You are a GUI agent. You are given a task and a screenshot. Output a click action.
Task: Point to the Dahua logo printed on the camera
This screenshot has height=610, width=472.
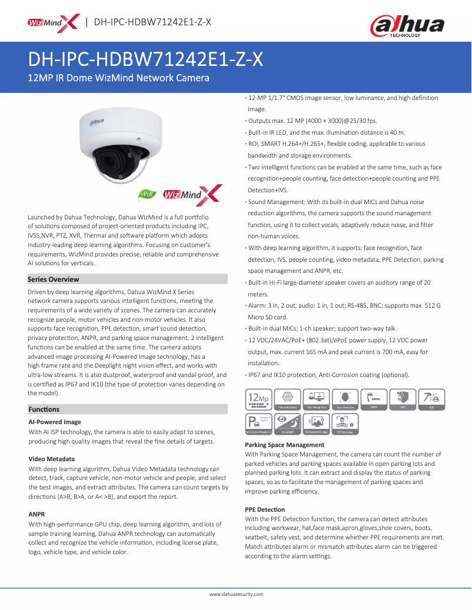coord(97,121)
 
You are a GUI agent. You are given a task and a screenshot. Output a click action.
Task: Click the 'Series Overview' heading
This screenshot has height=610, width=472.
coord(54,279)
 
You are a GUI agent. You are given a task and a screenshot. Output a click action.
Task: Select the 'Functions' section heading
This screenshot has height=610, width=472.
coord(44,409)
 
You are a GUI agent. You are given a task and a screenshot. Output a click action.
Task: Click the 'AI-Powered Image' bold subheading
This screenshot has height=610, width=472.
coord(55,422)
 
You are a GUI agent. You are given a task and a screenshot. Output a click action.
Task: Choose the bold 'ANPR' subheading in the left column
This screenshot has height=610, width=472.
coord(37,514)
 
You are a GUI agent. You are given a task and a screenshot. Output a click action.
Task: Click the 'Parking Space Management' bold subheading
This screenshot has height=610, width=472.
coord(284,445)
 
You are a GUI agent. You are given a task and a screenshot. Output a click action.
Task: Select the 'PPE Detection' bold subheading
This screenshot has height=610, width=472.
coord(265,509)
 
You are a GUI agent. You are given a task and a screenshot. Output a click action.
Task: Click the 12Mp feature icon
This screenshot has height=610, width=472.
coord(257,399)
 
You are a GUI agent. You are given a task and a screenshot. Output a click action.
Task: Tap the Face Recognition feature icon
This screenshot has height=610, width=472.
coord(315,399)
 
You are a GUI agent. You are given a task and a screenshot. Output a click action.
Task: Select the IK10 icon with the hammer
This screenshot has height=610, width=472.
coord(431,399)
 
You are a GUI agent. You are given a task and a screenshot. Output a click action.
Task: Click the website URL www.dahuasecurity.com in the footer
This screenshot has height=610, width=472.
coord(236,594)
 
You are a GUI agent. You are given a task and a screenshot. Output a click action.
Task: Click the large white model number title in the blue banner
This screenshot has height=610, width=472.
coord(146,60)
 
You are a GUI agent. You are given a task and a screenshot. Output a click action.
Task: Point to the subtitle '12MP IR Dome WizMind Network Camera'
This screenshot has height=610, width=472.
coord(119,78)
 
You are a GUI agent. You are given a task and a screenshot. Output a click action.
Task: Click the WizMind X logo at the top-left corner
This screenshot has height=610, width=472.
coord(52,22)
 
